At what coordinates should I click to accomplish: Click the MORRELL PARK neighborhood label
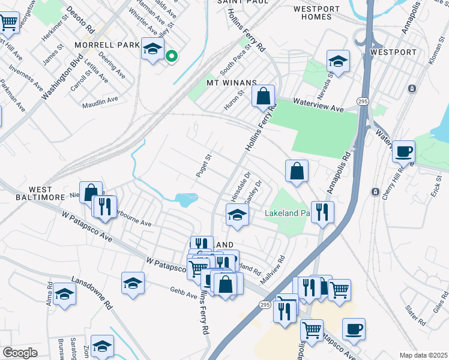[106, 45]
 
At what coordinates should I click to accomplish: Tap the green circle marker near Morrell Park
[171, 56]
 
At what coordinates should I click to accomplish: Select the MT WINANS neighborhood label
[232, 82]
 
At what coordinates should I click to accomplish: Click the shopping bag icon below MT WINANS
[263, 95]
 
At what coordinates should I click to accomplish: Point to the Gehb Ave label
[183, 295]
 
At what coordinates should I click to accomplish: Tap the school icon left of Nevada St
[338, 61]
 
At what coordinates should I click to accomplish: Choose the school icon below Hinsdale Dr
[237, 215]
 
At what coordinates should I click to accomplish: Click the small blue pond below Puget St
[187, 198]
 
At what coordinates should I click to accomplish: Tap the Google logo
[20, 353]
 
